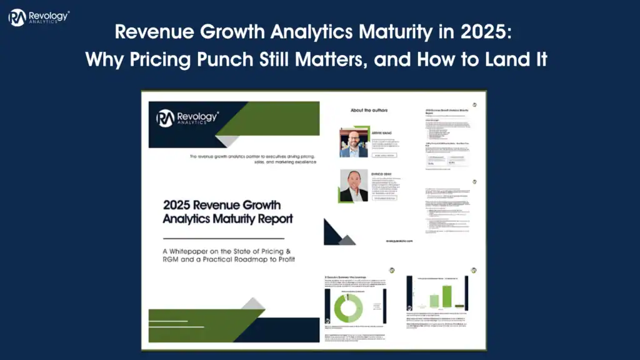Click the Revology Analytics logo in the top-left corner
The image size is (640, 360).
point(38,17)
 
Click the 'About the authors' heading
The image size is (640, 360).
point(369,111)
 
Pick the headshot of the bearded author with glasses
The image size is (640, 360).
point(354,142)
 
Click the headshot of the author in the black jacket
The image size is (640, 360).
point(354,186)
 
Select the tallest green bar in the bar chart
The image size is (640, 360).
point(447,296)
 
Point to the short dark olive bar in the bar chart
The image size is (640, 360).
point(461,305)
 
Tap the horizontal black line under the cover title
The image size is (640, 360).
point(223,238)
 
